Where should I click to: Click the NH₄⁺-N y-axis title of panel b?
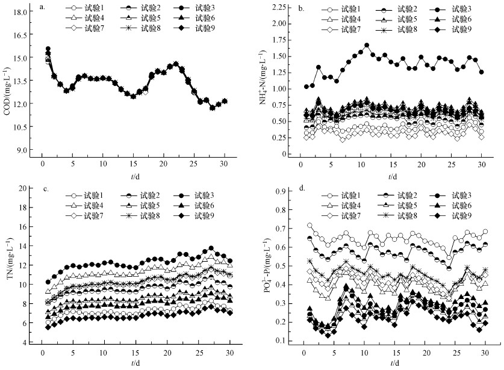tap(263, 81)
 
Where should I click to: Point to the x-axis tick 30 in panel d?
tap(485, 354)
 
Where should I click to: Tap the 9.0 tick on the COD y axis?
tap(21, 150)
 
